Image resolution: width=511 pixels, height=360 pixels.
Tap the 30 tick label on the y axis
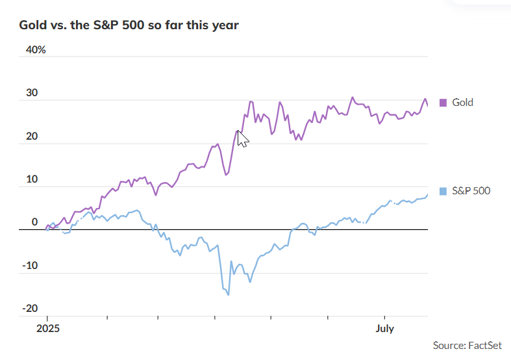32,93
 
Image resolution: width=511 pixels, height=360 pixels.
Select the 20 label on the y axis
32,136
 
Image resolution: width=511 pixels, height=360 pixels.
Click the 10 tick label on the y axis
32,179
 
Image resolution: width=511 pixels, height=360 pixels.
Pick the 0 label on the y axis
35,222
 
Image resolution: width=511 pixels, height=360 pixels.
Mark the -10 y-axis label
30,266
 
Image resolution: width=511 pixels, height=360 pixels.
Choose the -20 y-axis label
30,309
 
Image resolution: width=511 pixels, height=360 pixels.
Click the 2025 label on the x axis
48,329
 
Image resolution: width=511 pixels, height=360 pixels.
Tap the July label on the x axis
384,329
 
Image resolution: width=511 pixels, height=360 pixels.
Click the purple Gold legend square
443,102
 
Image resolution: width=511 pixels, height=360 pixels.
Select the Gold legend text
462,102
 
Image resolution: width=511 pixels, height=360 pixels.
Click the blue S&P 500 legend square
443,191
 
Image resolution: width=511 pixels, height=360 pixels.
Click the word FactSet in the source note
486,344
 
